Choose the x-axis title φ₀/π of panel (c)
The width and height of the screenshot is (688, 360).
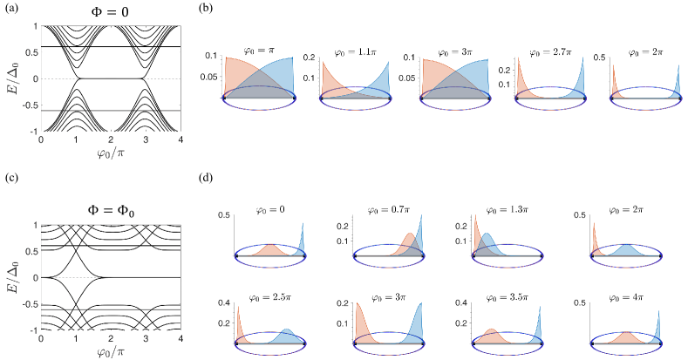tap(111, 352)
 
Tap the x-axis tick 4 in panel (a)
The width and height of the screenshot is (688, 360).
tap(180, 140)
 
